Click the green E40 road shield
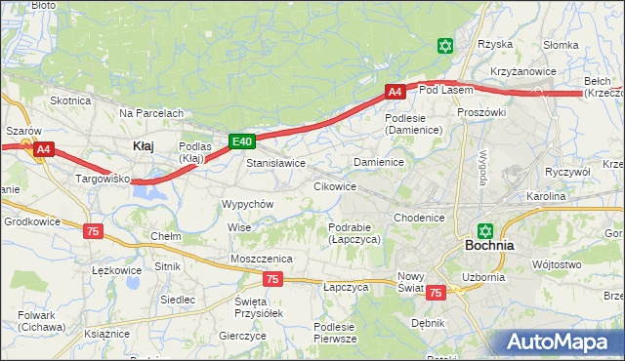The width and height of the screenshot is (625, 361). pos(242,141)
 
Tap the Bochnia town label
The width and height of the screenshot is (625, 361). pos(490,246)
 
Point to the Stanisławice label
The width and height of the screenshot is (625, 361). pos(276,163)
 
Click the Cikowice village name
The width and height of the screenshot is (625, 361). pos(334,185)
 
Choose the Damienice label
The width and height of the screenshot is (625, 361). pos(379,162)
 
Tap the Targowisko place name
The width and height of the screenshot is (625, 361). pos(104,180)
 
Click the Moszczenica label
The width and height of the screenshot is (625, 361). pos(262,258)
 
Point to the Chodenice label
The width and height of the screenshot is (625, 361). pos(420,218)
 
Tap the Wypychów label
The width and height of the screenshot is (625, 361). pos(247,204)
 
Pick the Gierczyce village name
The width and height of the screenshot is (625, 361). pos(242,336)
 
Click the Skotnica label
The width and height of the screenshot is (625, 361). pos(70,100)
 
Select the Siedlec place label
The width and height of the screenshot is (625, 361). pos(177,300)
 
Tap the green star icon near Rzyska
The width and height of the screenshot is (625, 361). pos(445,46)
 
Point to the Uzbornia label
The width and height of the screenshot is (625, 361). pos(483,277)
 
